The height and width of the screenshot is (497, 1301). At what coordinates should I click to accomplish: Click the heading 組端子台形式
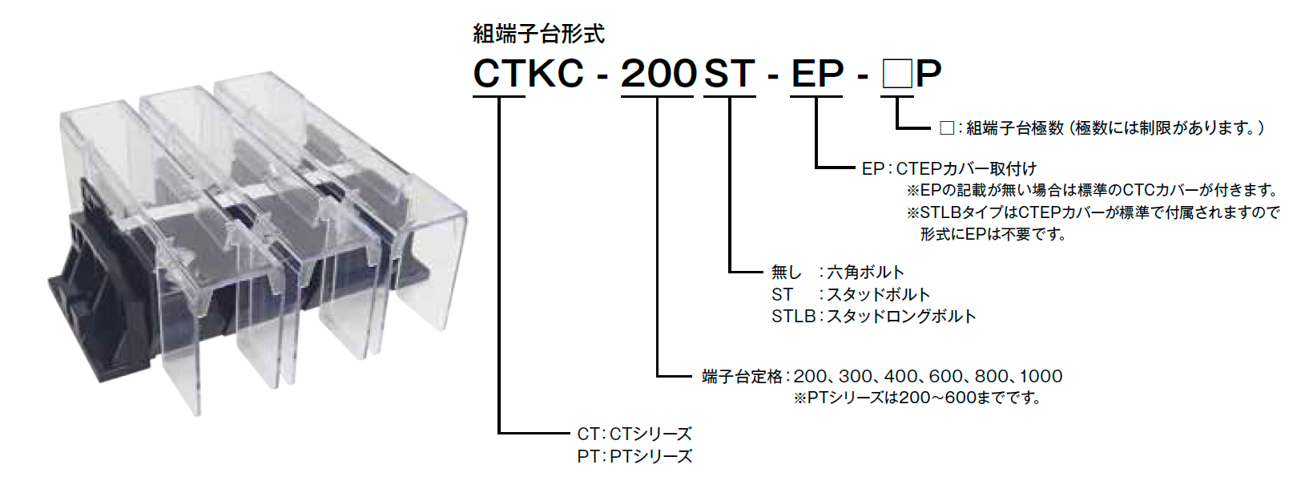click(x=538, y=34)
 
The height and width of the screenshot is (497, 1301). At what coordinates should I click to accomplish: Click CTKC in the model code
click(x=529, y=73)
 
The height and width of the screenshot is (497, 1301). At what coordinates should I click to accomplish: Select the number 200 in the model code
click(x=659, y=73)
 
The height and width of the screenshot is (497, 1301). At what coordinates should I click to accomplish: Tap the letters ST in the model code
click(x=730, y=73)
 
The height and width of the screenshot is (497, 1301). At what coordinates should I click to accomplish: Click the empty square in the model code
click(x=896, y=74)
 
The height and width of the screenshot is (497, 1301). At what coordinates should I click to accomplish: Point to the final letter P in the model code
click(x=928, y=73)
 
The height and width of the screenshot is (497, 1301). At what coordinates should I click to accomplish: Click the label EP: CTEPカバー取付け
click(x=949, y=168)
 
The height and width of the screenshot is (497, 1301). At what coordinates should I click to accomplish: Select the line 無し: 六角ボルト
click(x=837, y=272)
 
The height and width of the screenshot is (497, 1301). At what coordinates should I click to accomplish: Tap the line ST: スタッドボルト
click(x=850, y=294)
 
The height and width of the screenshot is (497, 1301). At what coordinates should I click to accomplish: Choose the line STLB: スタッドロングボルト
click(x=873, y=316)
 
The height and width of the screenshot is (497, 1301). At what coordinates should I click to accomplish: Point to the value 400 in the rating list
click(x=900, y=376)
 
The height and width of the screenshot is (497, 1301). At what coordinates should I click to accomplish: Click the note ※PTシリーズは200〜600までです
click(x=918, y=398)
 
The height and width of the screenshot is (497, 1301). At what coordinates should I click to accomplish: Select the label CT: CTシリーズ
click(x=634, y=434)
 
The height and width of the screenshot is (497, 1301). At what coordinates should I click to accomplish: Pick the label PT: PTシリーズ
click(x=634, y=456)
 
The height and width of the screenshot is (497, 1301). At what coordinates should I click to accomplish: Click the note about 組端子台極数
click(x=1102, y=128)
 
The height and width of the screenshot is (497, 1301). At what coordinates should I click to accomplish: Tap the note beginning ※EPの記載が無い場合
click(x=1093, y=190)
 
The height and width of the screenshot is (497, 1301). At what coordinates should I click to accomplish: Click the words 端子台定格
click(x=743, y=377)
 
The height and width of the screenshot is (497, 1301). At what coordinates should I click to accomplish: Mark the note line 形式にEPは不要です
click(x=993, y=234)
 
